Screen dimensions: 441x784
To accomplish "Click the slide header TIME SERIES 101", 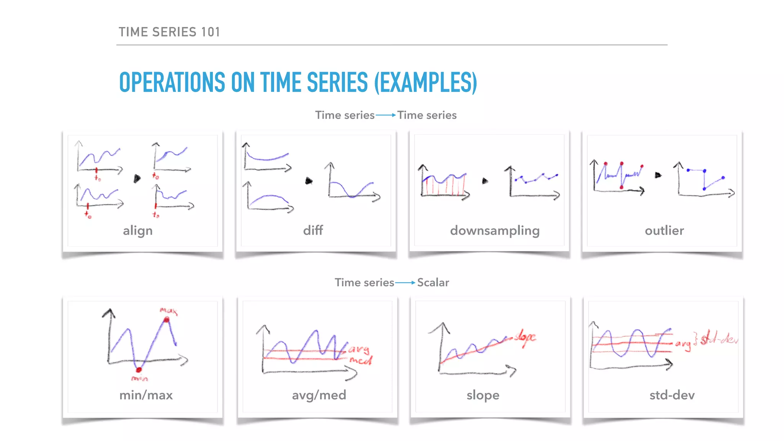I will pos(169,32).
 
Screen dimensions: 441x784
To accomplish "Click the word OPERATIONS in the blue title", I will pos(172,83).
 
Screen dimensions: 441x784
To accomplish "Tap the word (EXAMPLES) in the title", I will pos(425,83).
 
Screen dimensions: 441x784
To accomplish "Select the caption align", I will pos(137,231).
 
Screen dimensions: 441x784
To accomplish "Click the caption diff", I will pos(313,230).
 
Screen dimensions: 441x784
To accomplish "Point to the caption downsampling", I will pos(495,231).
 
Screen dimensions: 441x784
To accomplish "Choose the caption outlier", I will pos(664,230).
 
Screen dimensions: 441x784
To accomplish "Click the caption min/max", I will pos(146,395).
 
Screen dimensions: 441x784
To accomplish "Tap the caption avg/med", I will pos(319,395).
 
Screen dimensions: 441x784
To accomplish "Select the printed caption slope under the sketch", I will pos(483,395).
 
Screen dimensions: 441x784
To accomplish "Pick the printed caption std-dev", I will pos(672,395).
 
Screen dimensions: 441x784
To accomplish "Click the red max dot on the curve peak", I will pos(167,320).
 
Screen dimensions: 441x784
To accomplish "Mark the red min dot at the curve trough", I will pos(139,369).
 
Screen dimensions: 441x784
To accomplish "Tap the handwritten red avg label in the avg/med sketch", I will pos(359,350).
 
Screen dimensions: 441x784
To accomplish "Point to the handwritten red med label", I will pos(360,360).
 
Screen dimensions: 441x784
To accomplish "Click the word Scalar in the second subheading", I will pos(433,283).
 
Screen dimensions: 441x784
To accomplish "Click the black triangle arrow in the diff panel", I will pos(309,181).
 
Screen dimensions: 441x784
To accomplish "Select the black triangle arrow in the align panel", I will pos(137,178).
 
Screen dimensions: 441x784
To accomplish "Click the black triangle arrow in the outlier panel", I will pos(658,175).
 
